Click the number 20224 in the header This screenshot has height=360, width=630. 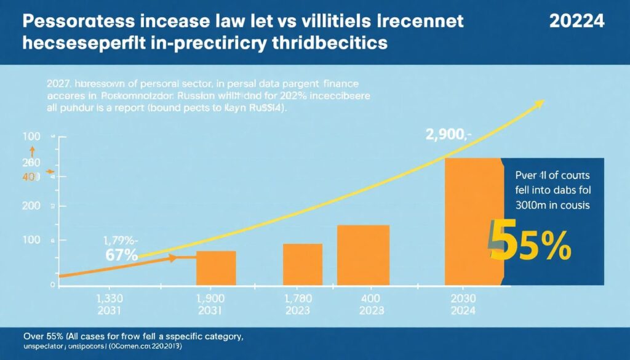click(576, 20)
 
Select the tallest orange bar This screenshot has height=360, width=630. click(472, 222)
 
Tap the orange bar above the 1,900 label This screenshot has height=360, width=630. click(216, 268)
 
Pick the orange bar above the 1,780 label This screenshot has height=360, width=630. click(303, 265)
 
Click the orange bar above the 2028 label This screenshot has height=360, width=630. click(363, 255)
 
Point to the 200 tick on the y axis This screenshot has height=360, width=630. click(31, 207)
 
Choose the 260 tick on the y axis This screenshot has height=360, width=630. click(31, 162)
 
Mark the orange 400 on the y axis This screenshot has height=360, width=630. click(30, 177)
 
